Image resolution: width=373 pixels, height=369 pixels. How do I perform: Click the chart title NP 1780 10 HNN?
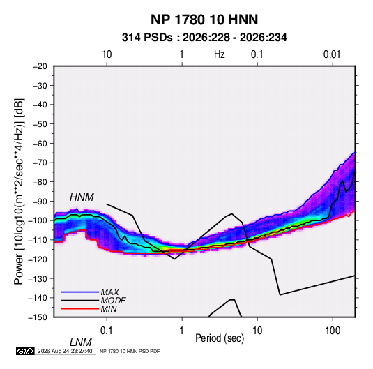click(x=204, y=20)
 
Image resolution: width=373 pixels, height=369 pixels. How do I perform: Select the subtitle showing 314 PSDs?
click(x=204, y=38)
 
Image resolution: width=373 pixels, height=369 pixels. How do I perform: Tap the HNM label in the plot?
click(x=82, y=197)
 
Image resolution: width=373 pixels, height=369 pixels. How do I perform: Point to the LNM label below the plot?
click(x=80, y=342)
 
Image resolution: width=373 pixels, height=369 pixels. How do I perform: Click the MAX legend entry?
click(x=109, y=292)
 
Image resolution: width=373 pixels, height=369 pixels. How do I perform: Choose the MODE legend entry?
click(x=113, y=301)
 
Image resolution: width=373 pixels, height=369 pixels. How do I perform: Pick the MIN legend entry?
click(x=109, y=309)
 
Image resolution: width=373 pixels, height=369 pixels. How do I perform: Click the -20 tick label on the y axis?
click(x=40, y=66)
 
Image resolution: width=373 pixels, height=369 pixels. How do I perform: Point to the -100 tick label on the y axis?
click(x=38, y=220)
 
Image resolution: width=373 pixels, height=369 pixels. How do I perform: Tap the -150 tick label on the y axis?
click(x=38, y=317)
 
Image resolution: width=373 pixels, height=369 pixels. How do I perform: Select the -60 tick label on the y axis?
click(x=40, y=143)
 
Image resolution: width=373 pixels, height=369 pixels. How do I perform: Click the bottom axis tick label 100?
click(x=333, y=331)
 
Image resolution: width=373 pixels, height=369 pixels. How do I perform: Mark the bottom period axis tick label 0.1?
click(x=107, y=331)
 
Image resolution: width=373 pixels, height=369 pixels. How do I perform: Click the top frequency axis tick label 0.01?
click(x=332, y=54)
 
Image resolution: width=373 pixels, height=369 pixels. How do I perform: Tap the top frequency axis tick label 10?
click(x=107, y=54)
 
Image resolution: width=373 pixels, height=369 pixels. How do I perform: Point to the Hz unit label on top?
click(x=220, y=54)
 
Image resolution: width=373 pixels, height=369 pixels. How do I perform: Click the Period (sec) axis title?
click(x=220, y=338)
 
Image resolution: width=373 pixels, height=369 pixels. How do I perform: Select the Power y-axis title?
click(x=19, y=192)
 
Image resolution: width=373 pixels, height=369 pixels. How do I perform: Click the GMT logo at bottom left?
click(x=26, y=351)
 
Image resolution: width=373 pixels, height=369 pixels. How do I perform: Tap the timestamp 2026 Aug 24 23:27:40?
click(x=65, y=351)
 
